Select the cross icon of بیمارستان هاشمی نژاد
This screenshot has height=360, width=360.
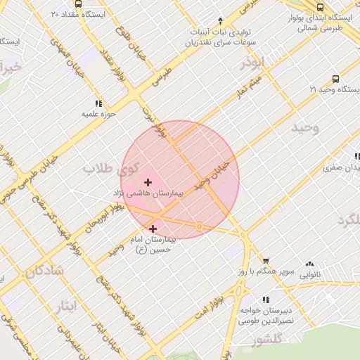point(147,182)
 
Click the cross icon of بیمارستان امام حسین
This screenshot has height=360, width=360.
point(153,229)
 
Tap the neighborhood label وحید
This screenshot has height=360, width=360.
point(304,127)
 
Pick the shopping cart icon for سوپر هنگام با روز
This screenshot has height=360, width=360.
point(265,261)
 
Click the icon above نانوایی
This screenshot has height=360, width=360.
point(309,264)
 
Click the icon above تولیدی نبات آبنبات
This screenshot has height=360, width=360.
point(220,20)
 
